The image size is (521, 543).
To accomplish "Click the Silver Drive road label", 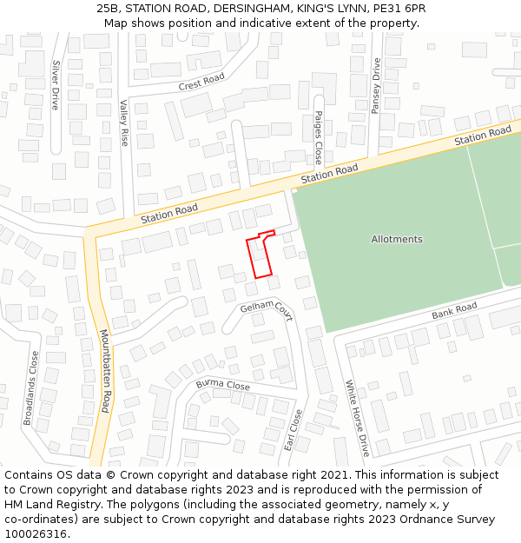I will tap(56, 84).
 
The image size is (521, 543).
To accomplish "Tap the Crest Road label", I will tap(201, 82).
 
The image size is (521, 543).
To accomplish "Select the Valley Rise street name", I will tap(124, 123).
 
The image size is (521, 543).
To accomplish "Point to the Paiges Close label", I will tap(319, 137).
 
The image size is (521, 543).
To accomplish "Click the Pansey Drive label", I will tap(377, 81).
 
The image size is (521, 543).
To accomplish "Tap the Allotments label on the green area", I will tap(397, 239).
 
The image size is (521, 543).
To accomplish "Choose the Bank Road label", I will tap(454, 310).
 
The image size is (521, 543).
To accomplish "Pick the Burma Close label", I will tap(222, 384).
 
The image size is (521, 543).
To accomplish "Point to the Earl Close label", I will tap(293, 429).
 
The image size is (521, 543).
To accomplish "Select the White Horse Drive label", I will tap(357, 418).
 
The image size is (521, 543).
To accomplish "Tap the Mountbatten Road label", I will tap(105, 370).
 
